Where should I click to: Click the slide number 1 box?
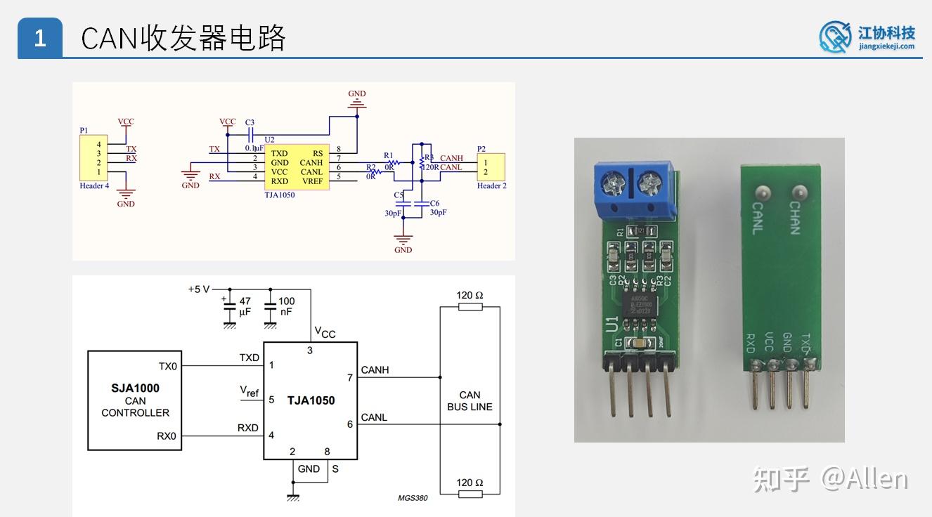pyautogui.click(x=40, y=38)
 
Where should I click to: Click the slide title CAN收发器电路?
pyautogui.click(x=183, y=38)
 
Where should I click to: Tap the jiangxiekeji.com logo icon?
pyautogui.click(x=836, y=37)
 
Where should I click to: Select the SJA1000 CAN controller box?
pyautogui.click(x=135, y=400)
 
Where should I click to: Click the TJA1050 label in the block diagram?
pyautogui.click(x=311, y=400)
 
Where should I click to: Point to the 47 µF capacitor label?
pyautogui.click(x=245, y=306)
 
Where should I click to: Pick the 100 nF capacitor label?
pyautogui.click(x=287, y=306)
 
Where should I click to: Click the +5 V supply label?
pyautogui.click(x=199, y=289)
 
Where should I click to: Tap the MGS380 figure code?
pyautogui.click(x=413, y=499)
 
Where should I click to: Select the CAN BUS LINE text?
pyautogui.click(x=470, y=401)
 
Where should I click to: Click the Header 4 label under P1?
pyautogui.click(x=94, y=186)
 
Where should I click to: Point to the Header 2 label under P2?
pyautogui.click(x=492, y=186)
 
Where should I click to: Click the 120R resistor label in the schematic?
pyautogui.click(x=430, y=167)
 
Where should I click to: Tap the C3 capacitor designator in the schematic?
pyautogui.click(x=250, y=122)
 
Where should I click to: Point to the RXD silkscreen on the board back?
pyautogui.click(x=751, y=343)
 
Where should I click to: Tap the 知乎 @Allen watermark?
pyautogui.click(x=830, y=479)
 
